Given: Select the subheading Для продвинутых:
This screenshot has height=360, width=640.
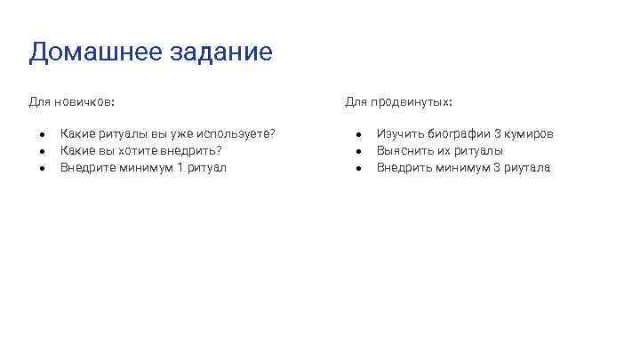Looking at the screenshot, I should point(398,102).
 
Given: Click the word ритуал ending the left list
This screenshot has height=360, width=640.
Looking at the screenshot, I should point(208,167).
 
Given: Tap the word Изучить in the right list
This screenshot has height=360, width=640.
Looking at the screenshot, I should point(399,133).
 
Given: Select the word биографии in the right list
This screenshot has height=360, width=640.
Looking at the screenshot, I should point(457,133).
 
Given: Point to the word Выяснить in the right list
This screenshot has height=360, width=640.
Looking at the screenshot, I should point(404,150).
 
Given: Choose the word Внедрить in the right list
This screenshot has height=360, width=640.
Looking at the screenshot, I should point(404,167).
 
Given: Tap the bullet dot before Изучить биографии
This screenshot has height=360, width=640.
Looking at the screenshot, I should point(358,134).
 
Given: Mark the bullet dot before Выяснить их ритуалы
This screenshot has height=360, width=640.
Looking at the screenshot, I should point(358,151).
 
